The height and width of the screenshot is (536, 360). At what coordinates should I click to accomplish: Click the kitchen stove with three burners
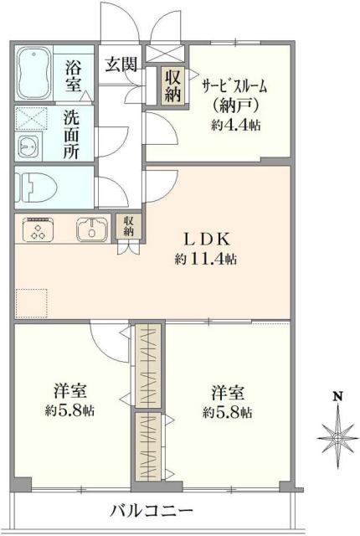click(x=39, y=229)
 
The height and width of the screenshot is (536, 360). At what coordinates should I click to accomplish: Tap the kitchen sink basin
click(x=89, y=229)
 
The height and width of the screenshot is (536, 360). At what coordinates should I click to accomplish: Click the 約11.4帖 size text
click(x=206, y=260)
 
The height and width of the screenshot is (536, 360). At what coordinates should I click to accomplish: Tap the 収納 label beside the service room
click(x=172, y=85)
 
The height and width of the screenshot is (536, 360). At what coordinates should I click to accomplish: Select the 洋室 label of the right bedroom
click(x=229, y=391)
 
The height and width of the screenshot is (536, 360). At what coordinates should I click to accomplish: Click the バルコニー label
click(x=150, y=510)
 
